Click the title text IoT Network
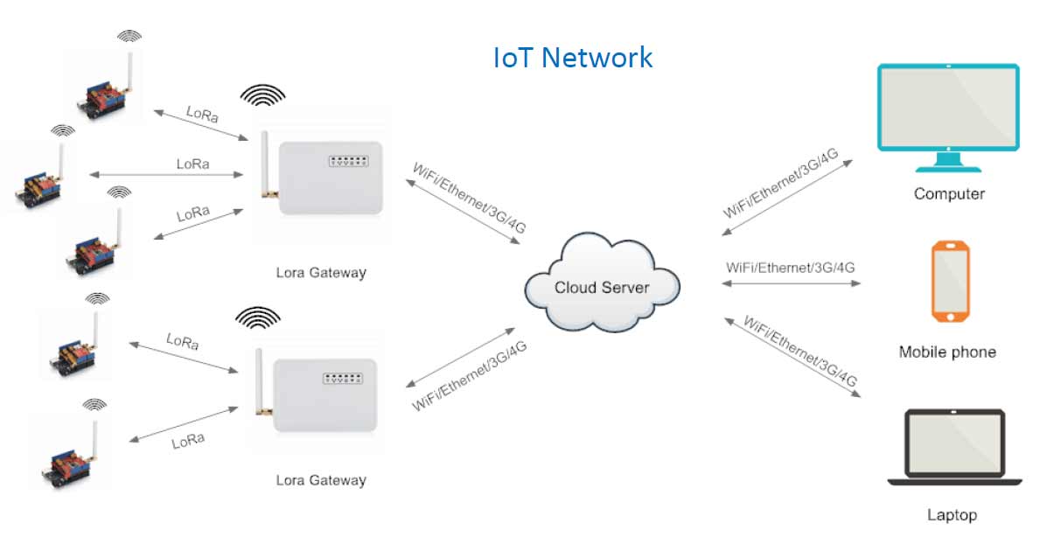(573, 58)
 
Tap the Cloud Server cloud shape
(602, 284)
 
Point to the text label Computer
(949, 194)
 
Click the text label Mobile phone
(947, 352)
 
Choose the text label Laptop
(952, 515)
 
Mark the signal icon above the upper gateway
(262, 94)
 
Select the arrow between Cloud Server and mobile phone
(792, 283)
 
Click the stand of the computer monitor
(948, 163)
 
